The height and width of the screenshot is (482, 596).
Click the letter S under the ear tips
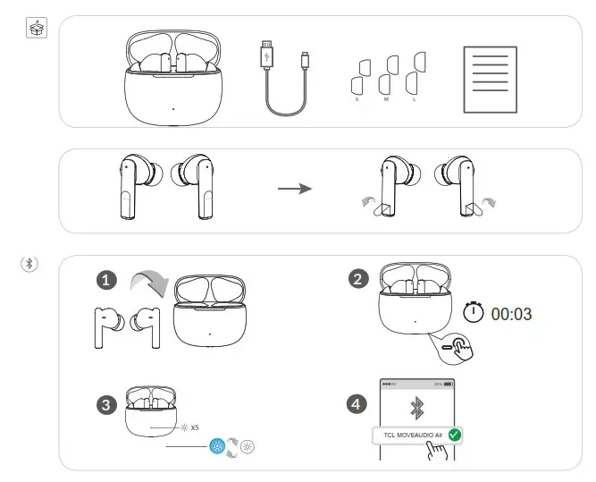[357, 100]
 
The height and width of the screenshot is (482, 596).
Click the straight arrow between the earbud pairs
[294, 190]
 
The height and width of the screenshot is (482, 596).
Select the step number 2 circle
[359, 280]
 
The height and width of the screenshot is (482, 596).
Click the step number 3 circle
[105, 405]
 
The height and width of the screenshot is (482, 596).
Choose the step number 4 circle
[357, 405]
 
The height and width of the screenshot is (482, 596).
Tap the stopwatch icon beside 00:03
[474, 313]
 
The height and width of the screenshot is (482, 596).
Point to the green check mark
[455, 435]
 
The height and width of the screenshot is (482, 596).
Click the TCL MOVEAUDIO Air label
[410, 435]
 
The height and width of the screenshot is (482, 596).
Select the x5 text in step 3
[195, 427]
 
